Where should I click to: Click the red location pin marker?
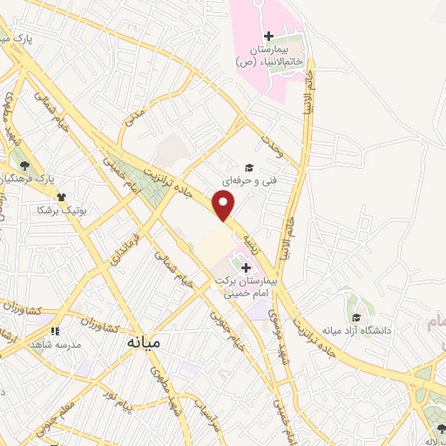(225, 206)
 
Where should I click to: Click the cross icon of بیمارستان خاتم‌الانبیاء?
(268, 36)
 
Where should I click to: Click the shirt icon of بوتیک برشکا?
(62, 197)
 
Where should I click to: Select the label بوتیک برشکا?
(56, 209)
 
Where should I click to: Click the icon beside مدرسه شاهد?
(54, 331)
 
